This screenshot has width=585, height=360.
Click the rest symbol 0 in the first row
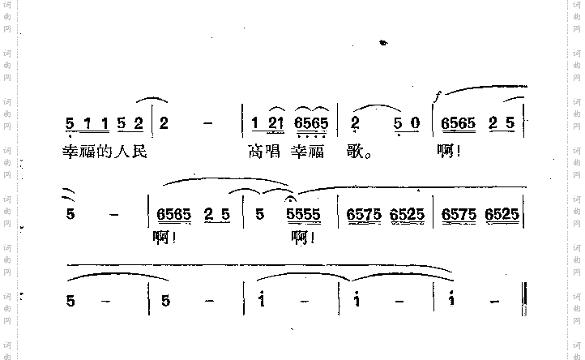coord(414,124)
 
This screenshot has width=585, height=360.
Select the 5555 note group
coord(304,216)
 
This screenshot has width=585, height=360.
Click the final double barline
coord(527,300)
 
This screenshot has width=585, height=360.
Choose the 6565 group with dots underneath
coord(311,124)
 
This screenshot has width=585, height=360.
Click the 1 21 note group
coord(266,124)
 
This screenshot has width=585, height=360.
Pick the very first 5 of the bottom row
coord(71,301)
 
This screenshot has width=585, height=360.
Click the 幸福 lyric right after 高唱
coord(311,151)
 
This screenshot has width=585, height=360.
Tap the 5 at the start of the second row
coord(71,216)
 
